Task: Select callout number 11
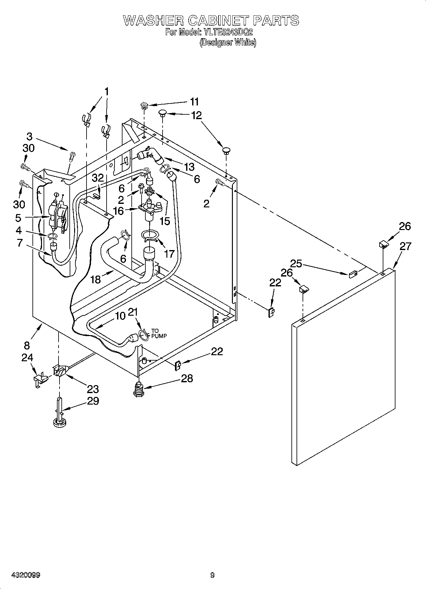click(194, 102)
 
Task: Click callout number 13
click(189, 167)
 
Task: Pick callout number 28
click(187, 378)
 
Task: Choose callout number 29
click(93, 401)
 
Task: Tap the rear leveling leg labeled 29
click(60, 414)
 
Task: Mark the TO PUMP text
click(159, 333)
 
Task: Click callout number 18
click(95, 279)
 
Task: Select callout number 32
click(98, 178)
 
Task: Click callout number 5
click(18, 218)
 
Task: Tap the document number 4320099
click(25, 575)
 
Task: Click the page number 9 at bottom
click(213, 575)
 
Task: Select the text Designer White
click(228, 42)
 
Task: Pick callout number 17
click(169, 254)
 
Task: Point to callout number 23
click(93, 389)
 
